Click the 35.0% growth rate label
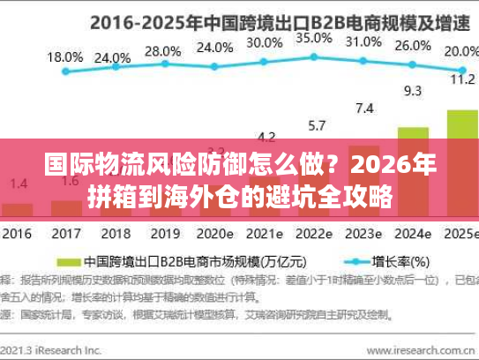[313, 39]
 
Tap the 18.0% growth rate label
[64, 56]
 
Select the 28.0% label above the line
[161, 51]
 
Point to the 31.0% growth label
[363, 41]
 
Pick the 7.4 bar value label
[364, 109]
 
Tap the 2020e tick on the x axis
[213, 236]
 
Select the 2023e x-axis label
[363, 236]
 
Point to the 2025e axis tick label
[460, 236]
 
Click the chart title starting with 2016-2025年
[240, 18]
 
